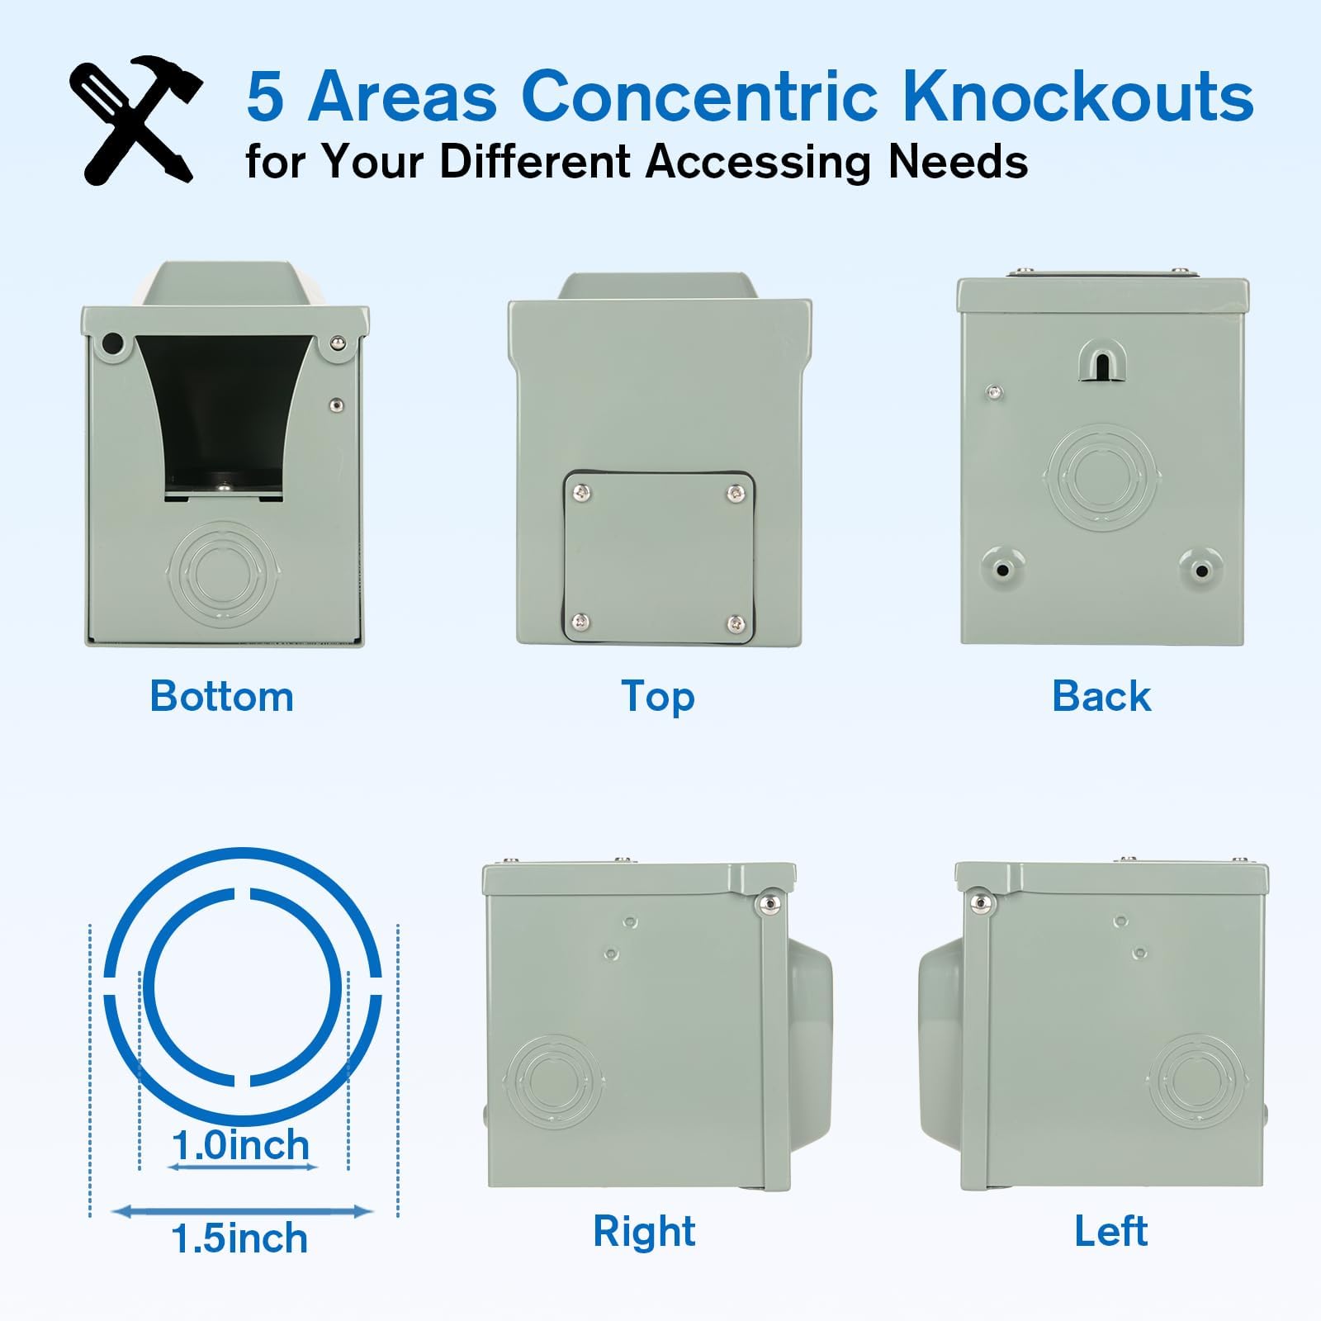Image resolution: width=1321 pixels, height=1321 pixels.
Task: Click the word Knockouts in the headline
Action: click(1077, 96)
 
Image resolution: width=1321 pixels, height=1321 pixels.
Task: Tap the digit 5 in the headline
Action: click(266, 97)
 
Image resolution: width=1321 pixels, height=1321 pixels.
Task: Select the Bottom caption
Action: click(221, 696)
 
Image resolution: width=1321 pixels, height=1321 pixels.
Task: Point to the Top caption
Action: click(658, 697)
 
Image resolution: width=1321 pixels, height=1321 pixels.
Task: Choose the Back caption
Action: click(1101, 696)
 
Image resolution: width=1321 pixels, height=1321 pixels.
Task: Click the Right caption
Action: click(644, 1231)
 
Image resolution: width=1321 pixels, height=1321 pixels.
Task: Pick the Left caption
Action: click(1110, 1231)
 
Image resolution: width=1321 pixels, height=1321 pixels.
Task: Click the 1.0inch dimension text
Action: click(241, 1145)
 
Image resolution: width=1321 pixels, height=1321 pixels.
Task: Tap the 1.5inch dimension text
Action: click(240, 1238)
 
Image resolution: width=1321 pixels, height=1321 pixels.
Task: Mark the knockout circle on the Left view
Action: click(1196, 1082)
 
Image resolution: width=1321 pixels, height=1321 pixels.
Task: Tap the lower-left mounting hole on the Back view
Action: click(1002, 570)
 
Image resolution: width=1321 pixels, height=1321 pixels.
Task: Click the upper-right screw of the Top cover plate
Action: click(735, 494)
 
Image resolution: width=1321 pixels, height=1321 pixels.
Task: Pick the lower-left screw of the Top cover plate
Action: click(584, 621)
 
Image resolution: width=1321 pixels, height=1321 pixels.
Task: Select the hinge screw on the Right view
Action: click(769, 903)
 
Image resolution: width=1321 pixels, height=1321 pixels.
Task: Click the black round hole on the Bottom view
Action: click(111, 343)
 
